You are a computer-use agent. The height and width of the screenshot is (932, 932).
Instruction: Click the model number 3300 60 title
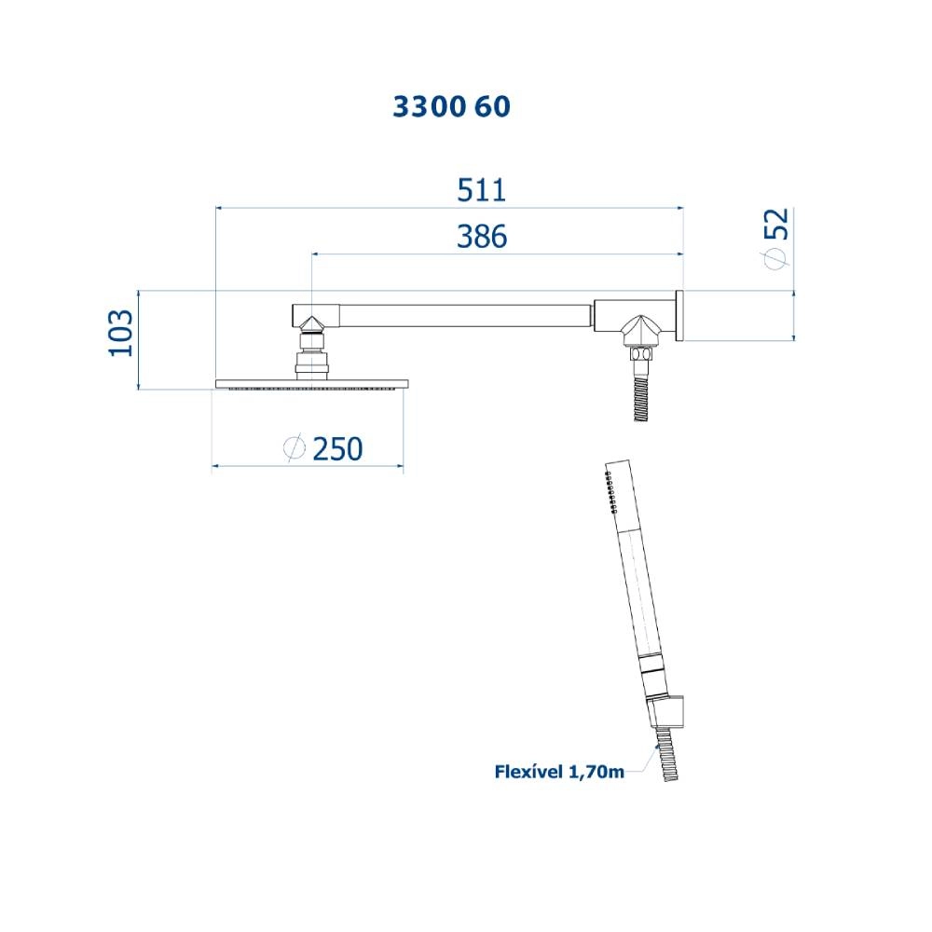pyautogui.click(x=451, y=107)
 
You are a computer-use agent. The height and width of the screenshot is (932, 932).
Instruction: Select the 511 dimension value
pyautogui.click(x=482, y=191)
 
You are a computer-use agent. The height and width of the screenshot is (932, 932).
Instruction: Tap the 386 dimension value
pyautogui.click(x=482, y=237)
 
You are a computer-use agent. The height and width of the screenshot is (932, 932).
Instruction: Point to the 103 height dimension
pyautogui.click(x=120, y=333)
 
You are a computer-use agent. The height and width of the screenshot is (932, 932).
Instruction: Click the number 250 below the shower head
pyautogui.click(x=337, y=449)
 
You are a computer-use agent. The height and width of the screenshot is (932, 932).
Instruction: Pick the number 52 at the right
pyautogui.click(x=776, y=224)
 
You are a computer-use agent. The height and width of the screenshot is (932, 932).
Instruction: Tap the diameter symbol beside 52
pyautogui.click(x=776, y=257)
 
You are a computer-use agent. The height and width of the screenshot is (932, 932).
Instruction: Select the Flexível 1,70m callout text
pyautogui.click(x=559, y=772)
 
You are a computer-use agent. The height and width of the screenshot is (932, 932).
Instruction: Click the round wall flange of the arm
pyautogui.click(x=678, y=316)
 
